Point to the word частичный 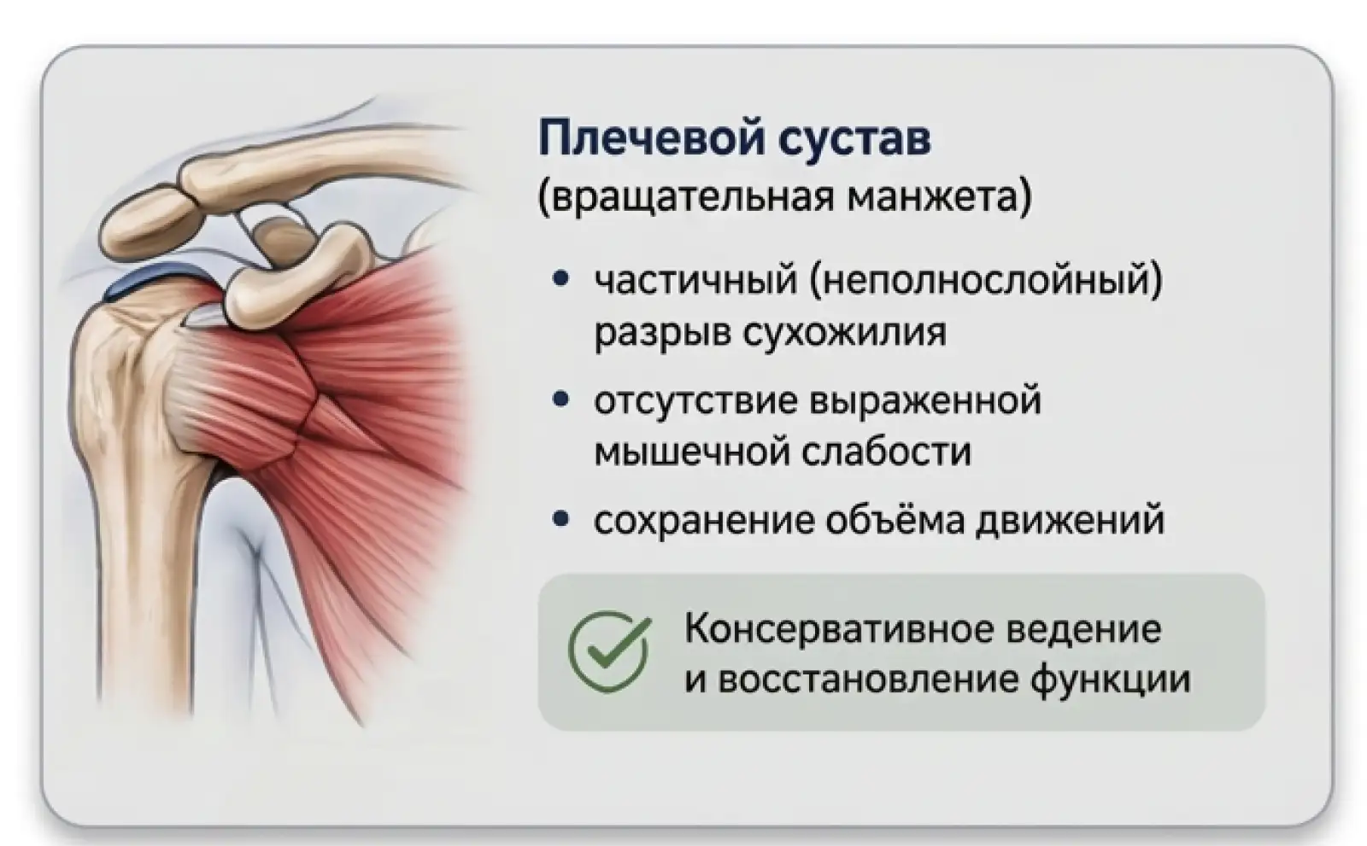[x=695, y=280]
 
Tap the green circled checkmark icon [x=608, y=651]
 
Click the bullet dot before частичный [x=560, y=280]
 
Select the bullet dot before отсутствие [x=560, y=400]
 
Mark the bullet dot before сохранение [x=560, y=520]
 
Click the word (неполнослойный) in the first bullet [x=987, y=280]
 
